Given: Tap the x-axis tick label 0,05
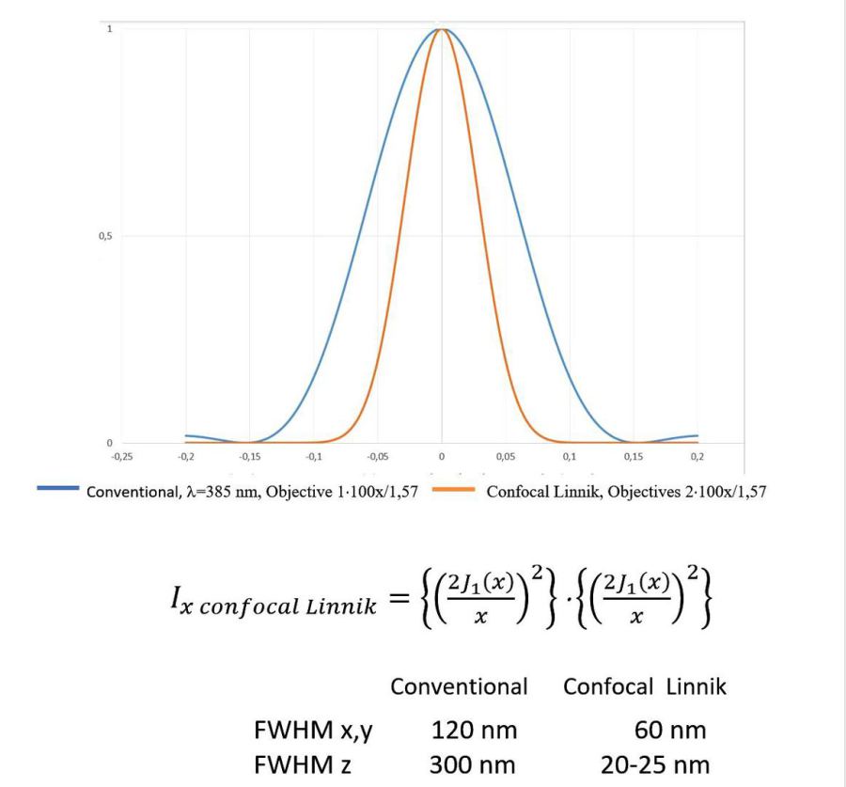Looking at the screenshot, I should point(505,456).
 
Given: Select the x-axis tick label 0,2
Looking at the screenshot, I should point(697,456).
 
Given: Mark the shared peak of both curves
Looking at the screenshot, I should point(441,29).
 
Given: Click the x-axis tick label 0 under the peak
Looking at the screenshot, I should point(441,456).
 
